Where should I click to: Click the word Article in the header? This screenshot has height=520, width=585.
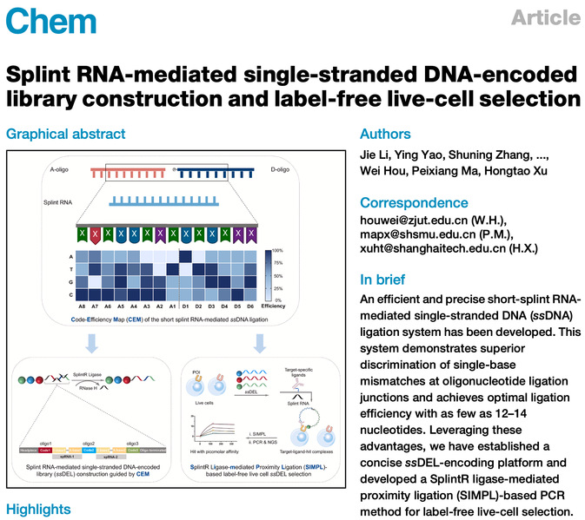coord(545,18)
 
